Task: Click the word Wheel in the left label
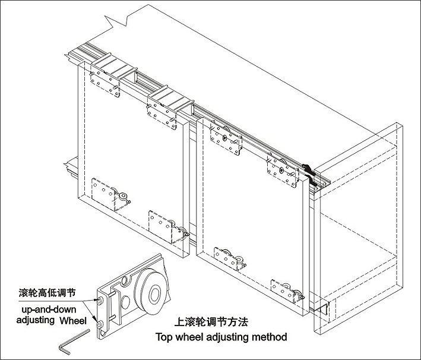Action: coord(73,321)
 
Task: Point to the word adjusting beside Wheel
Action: coord(35,321)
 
